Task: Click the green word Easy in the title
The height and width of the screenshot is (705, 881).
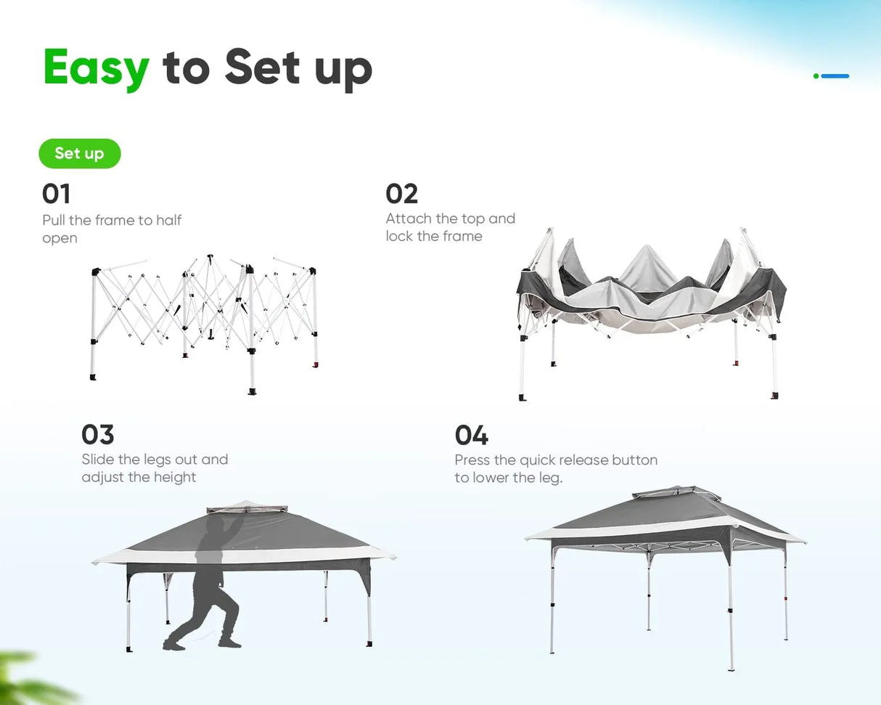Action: (97, 69)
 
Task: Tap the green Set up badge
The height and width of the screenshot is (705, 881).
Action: (80, 154)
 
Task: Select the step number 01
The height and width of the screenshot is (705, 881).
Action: (56, 194)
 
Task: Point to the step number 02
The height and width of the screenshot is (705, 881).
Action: (401, 194)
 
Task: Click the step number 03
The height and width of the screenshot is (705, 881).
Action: (97, 434)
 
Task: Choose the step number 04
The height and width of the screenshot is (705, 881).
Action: (471, 435)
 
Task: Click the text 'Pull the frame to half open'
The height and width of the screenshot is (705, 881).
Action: (112, 229)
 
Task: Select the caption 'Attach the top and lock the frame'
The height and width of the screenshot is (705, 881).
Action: (451, 227)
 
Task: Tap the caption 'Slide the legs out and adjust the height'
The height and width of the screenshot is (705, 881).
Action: (155, 468)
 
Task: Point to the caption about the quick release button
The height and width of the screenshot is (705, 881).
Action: (556, 468)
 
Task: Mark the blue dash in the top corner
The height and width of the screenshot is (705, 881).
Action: (835, 76)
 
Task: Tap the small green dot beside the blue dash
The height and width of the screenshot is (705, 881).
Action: (816, 76)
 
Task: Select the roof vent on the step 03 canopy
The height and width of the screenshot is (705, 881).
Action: (247, 508)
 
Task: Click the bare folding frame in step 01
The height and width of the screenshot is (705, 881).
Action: (204, 324)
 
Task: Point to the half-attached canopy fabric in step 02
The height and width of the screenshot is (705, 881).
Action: (651, 287)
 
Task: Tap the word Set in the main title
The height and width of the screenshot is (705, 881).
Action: (262, 67)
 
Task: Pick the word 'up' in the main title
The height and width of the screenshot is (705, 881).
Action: (343, 73)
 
